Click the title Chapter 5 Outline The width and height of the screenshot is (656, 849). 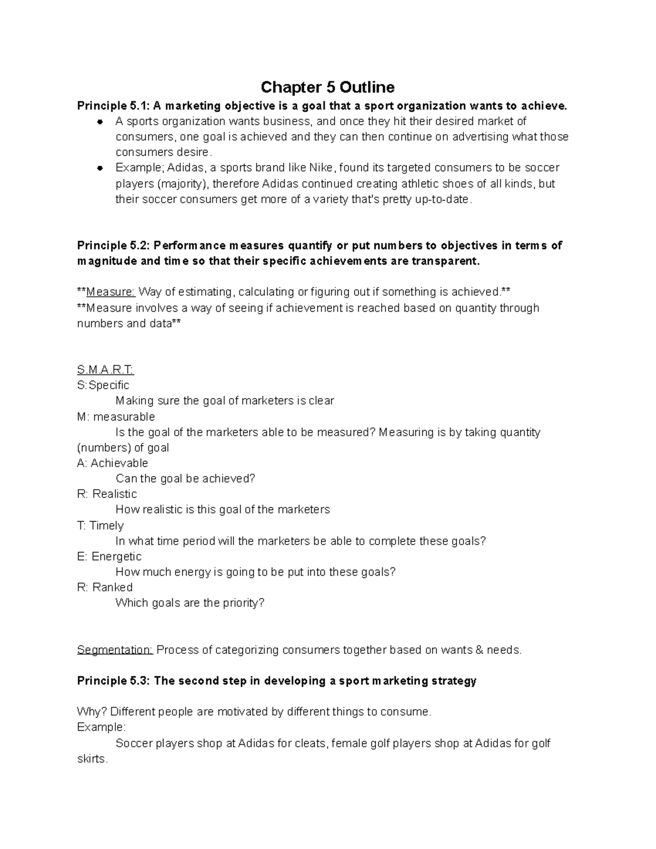tap(327, 87)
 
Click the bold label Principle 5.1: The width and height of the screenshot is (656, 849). tap(113, 106)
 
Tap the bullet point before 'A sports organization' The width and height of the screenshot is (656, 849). tap(100, 121)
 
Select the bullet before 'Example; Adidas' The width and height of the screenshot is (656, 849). tap(100, 168)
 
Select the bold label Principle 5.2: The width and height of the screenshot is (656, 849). tap(113, 245)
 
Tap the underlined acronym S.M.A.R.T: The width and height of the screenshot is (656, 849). tap(106, 370)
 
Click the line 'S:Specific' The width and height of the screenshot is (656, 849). tap(103, 385)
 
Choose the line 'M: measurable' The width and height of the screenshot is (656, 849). tap(116, 417)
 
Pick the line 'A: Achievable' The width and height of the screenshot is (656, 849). tap(113, 463)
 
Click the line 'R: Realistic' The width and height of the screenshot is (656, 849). tap(107, 494)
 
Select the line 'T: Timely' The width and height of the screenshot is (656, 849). tap(101, 525)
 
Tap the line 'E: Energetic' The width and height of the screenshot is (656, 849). tap(109, 557)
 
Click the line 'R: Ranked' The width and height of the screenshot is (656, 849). tap(105, 588)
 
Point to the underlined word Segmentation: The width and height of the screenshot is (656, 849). tap(115, 650)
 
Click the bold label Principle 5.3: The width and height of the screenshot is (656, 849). tap(113, 681)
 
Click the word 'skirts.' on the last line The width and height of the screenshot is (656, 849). tap(92, 759)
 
